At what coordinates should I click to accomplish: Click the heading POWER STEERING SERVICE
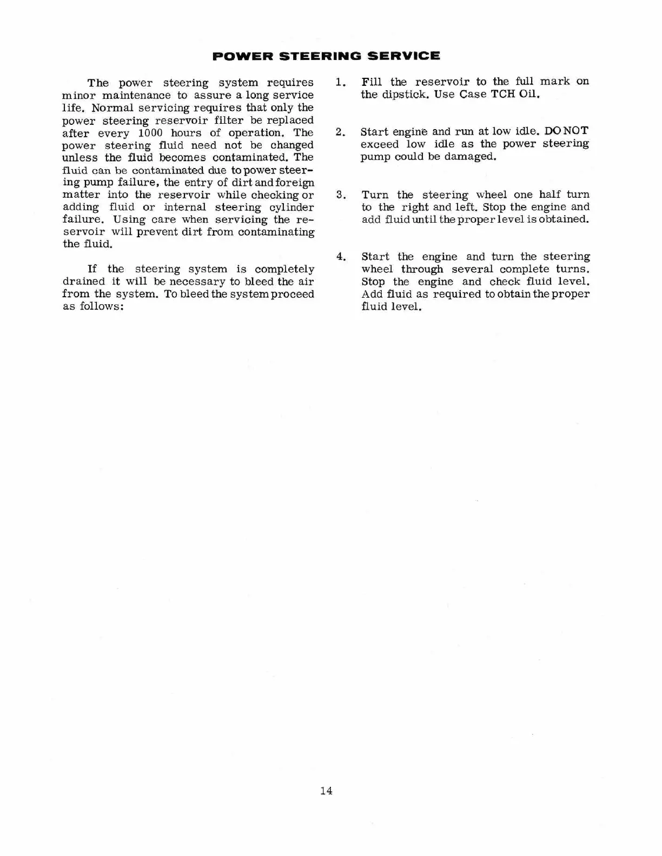(x=326, y=56)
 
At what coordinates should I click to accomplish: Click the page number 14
(x=326, y=791)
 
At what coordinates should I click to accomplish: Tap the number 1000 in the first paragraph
(x=150, y=133)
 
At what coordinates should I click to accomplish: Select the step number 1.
(x=340, y=82)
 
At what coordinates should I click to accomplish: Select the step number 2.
(x=340, y=132)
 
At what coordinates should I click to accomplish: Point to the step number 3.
(x=340, y=195)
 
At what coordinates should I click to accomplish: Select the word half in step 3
(x=550, y=195)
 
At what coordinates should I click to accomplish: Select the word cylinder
(x=292, y=208)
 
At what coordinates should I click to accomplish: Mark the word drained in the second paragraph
(x=83, y=282)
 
